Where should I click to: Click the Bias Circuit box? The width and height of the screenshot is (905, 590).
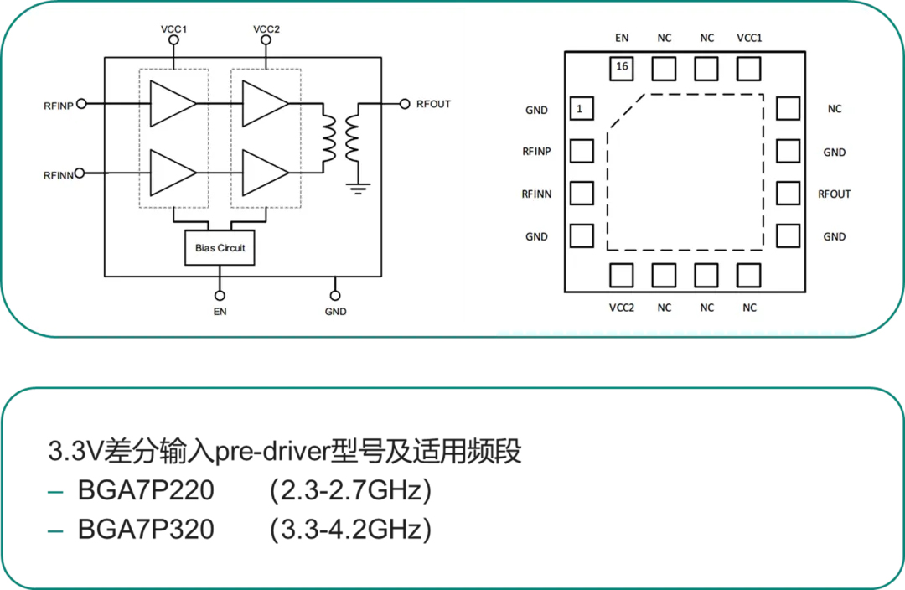220,248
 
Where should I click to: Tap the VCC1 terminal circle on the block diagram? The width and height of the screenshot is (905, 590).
173,40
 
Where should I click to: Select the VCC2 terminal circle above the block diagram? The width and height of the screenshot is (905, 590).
266,40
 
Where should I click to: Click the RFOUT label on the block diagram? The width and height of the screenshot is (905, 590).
433,104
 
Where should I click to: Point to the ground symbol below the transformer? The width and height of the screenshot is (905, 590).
359,189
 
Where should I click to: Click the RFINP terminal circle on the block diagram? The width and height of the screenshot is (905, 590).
81,104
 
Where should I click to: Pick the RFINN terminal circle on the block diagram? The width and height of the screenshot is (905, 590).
80,173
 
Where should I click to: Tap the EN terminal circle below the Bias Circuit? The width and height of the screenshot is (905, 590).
220,296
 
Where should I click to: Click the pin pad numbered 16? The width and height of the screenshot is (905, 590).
622,69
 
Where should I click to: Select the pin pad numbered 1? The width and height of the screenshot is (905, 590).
582,109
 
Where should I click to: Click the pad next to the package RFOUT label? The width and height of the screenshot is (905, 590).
788,194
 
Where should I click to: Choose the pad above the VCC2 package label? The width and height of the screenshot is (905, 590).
622,276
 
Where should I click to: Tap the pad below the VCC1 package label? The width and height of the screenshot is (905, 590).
748,69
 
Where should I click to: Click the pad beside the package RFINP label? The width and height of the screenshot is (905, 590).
582,151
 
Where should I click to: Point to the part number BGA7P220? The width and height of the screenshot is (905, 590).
146,490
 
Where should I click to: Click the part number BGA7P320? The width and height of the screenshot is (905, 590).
146,530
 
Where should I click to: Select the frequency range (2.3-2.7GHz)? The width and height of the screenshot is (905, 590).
350,491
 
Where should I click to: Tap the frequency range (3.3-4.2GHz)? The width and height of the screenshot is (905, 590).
350,530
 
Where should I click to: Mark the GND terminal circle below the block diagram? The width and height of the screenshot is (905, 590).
335,296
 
